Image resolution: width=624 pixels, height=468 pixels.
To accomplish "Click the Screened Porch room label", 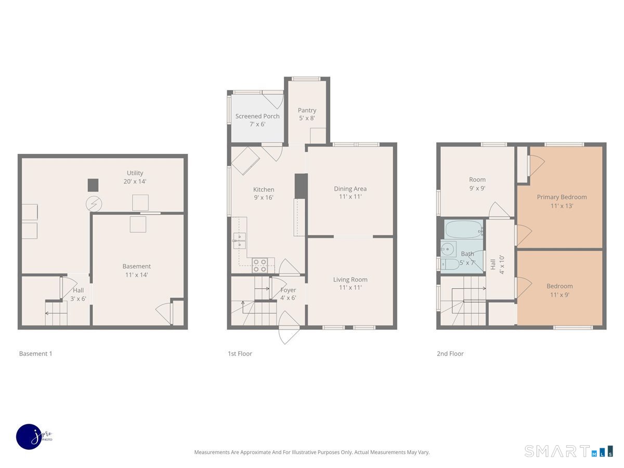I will tap(257, 116).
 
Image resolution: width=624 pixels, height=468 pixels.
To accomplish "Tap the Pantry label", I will tap(307, 110).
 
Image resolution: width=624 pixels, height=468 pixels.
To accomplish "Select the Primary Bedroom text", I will tap(562, 197).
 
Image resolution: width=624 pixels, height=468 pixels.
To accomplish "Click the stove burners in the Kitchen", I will tap(260, 266).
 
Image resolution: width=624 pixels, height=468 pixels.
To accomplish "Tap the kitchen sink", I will tap(239, 241).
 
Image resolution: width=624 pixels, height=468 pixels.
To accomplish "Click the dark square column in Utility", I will tap(93, 185).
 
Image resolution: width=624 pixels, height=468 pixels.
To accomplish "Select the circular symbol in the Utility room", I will tap(93, 204).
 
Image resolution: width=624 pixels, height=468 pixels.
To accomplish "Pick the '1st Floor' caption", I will tap(240, 354).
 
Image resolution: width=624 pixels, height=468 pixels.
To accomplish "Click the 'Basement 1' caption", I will tap(36, 354).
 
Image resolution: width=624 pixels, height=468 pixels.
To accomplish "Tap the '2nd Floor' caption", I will tap(450, 354).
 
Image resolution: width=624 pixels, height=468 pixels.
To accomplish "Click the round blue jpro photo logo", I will tap(29, 437).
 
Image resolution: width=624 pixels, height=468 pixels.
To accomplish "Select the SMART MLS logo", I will tap(568, 451).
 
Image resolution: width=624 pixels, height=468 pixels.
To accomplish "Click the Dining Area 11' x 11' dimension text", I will tap(349, 198).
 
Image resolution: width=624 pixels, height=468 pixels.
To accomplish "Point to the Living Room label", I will tap(350, 279).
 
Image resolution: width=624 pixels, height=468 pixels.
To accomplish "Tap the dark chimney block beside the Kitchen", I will tap(301, 186).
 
